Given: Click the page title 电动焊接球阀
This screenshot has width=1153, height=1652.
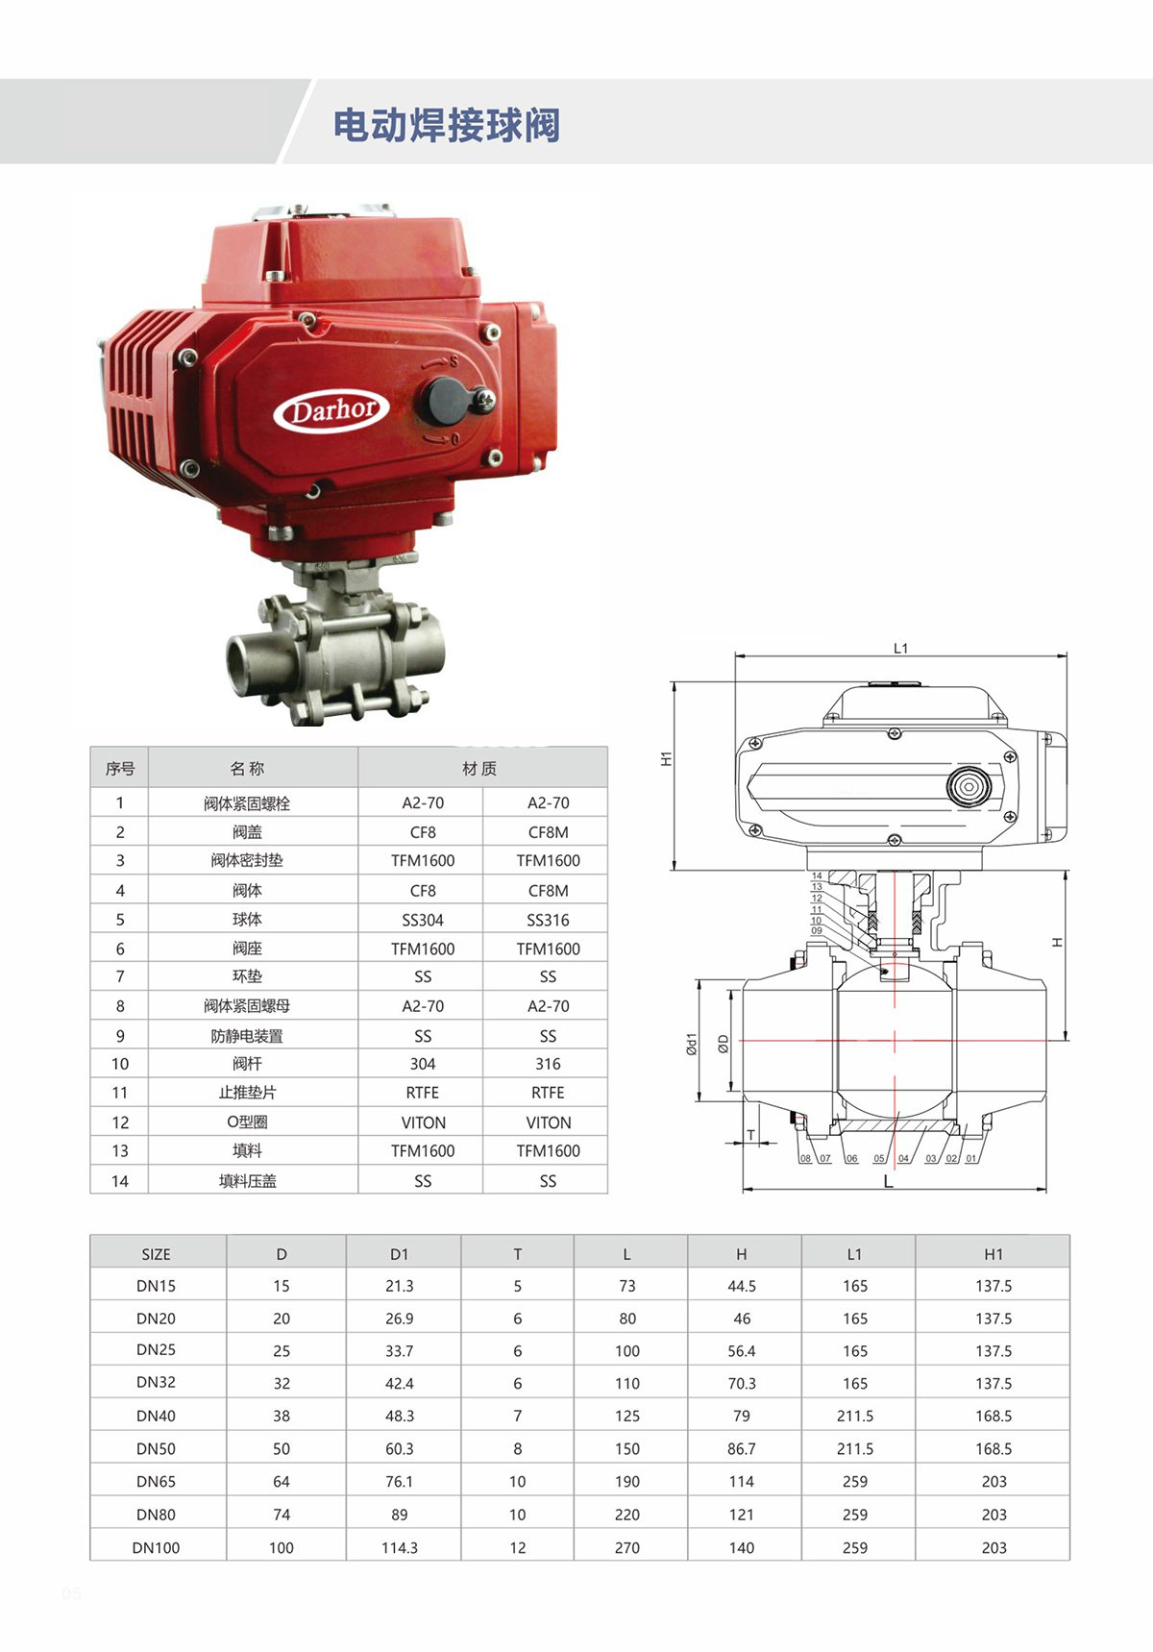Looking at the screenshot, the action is (447, 125).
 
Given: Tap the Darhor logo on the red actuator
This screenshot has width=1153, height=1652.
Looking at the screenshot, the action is (331, 410).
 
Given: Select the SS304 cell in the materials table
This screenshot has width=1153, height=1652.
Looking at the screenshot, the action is (423, 920).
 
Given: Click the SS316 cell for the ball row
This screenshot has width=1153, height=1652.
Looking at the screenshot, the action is (548, 920).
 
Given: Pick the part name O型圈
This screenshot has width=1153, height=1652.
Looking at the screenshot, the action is (247, 1122).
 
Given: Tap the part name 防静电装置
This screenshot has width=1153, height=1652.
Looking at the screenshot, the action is (247, 1036).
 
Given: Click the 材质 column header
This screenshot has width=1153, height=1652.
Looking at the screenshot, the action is (479, 768).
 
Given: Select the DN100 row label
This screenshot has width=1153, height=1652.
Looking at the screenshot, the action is (156, 1547).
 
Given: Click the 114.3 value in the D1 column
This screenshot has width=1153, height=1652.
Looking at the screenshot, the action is (400, 1547).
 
